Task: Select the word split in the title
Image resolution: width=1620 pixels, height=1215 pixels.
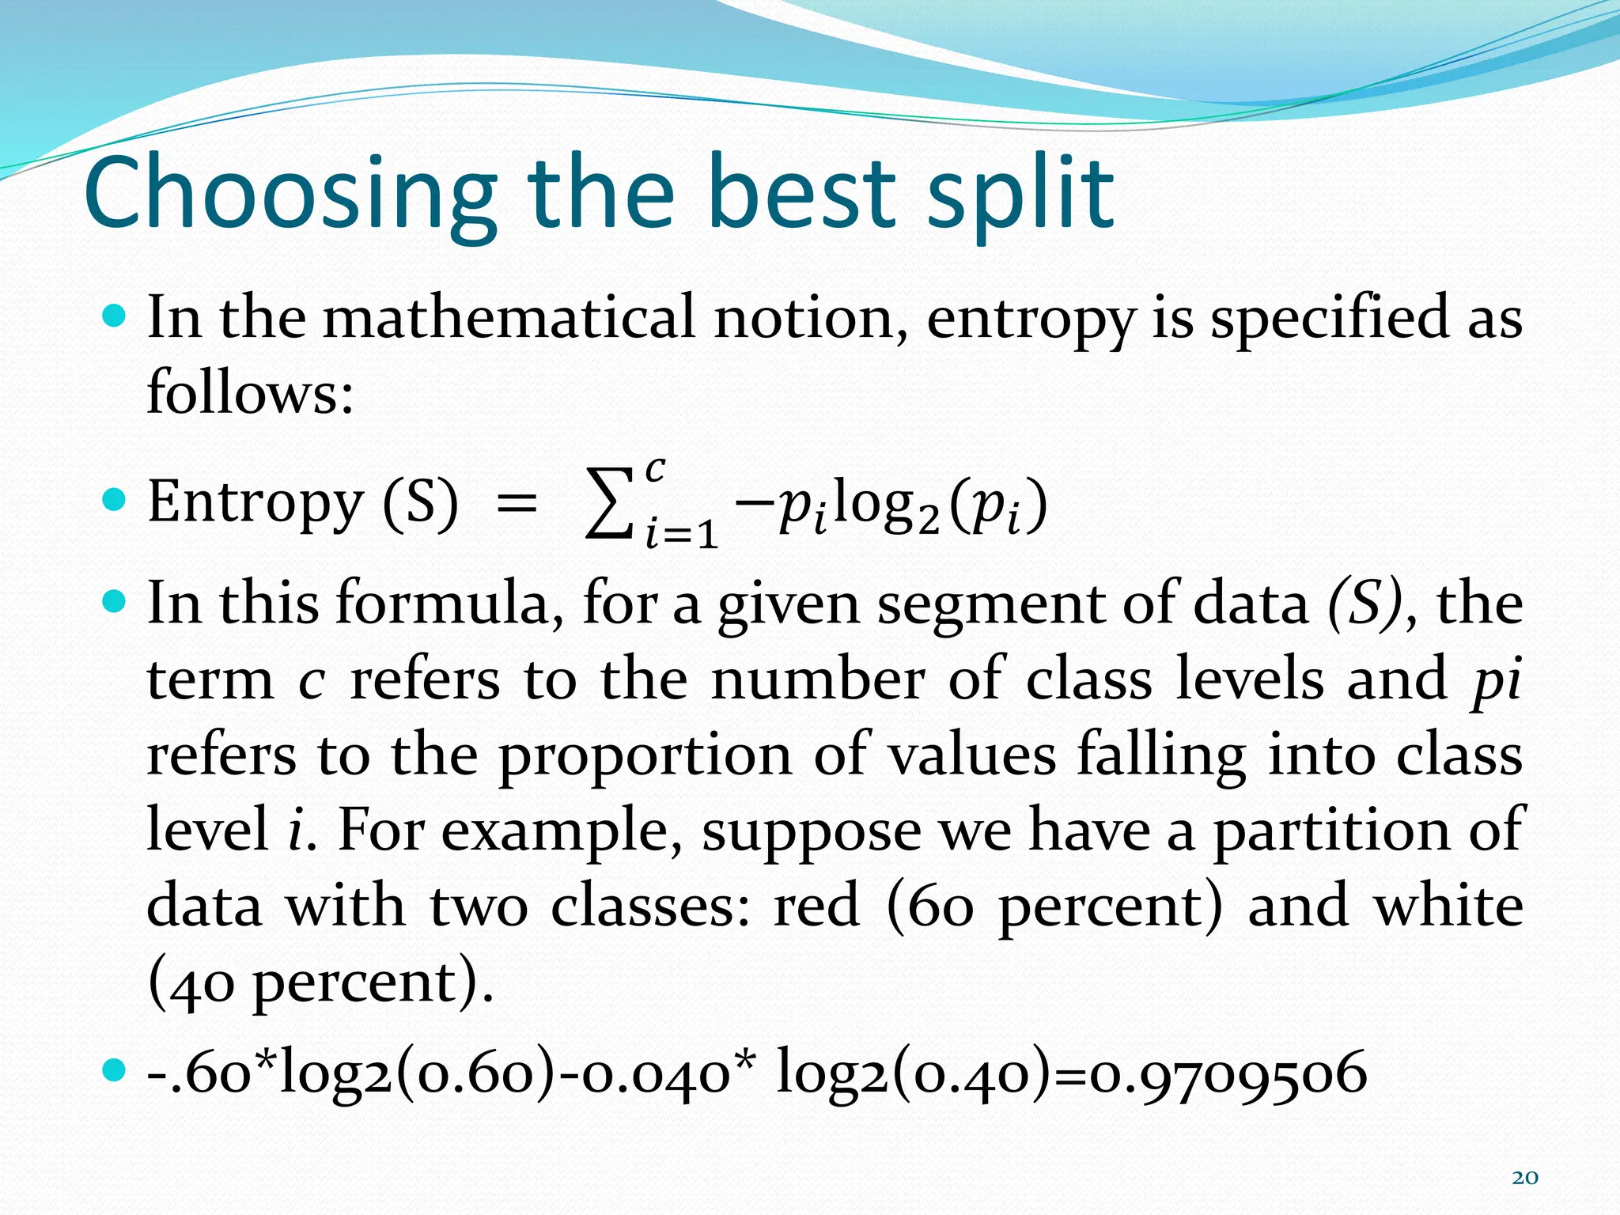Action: pyautogui.click(x=1020, y=194)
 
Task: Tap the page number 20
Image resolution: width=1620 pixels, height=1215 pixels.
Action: pyautogui.click(x=1525, y=1178)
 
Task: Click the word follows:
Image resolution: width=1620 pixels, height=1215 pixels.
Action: pyautogui.click(x=250, y=392)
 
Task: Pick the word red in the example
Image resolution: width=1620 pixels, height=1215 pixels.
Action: pyautogui.click(x=816, y=906)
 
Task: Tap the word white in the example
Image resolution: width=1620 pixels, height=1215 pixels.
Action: pyautogui.click(x=1448, y=906)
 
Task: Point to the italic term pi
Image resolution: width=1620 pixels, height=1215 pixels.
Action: pyautogui.click(x=1497, y=680)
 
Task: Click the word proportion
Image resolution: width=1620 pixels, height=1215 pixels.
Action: pyautogui.click(x=645, y=755)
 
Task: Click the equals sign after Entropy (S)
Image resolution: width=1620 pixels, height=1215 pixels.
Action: pyautogui.click(x=516, y=503)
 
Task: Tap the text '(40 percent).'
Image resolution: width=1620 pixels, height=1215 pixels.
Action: pyautogui.click(x=320, y=982)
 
